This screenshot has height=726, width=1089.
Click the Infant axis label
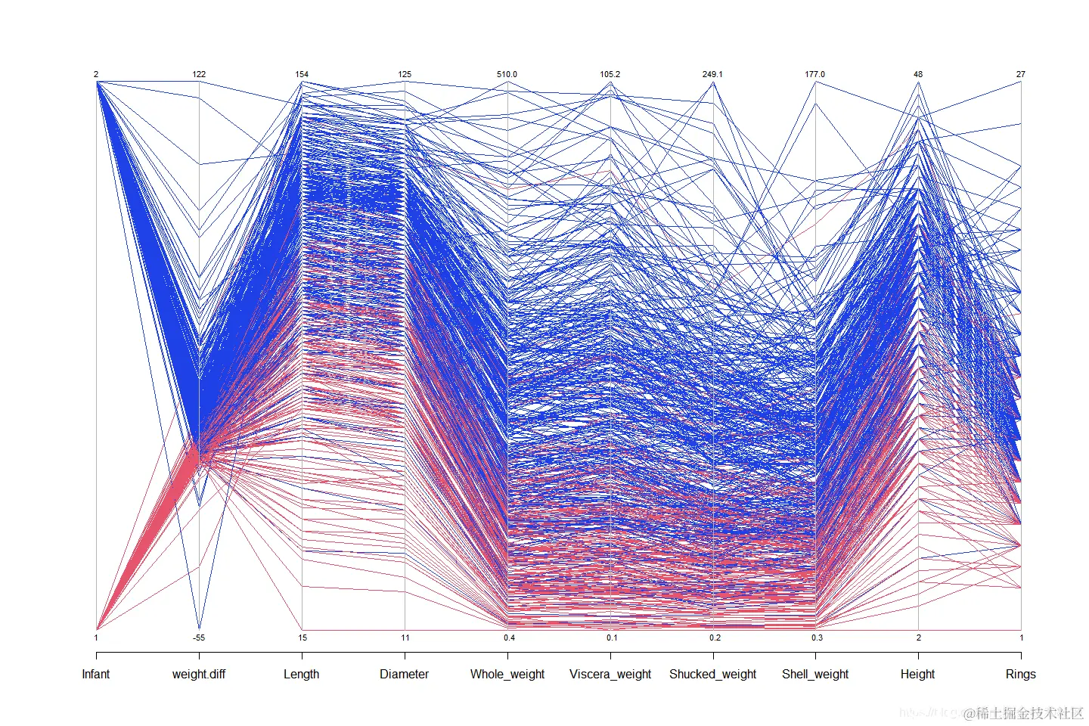coord(96,674)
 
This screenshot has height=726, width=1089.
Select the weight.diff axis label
coord(199,674)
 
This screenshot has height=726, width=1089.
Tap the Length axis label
coord(302,674)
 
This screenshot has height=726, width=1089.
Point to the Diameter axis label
coord(405,674)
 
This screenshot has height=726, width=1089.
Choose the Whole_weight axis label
coord(507,674)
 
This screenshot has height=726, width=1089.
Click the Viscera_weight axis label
coord(610,674)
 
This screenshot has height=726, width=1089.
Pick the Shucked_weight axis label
coord(712,674)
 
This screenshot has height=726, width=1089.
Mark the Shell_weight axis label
coord(815,674)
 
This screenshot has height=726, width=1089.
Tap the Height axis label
coord(917,674)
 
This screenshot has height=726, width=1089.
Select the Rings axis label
coord(1020,674)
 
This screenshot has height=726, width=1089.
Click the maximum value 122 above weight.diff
coord(199,74)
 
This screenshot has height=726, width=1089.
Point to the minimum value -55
coord(198,638)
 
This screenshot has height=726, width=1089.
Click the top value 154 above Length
coord(302,74)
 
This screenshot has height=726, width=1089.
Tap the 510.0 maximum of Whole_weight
coord(507,74)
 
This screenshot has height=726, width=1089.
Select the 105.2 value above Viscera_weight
coord(610,74)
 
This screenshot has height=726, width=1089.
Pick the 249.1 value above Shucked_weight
coord(712,74)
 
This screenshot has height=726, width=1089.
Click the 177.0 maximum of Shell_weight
coord(814,74)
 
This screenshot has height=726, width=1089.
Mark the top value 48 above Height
coord(918,74)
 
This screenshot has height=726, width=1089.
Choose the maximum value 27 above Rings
coord(1021,74)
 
